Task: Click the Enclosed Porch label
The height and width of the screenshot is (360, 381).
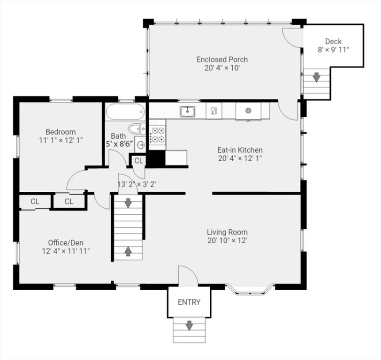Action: coord(222,60)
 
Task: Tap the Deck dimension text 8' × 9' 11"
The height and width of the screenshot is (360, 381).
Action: coord(333,50)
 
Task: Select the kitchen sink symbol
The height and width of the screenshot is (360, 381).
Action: coord(187,112)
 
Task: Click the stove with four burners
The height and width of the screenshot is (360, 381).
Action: coord(158,135)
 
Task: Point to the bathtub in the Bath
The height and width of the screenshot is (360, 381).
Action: coord(125,112)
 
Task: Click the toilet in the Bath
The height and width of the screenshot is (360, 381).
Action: coord(137,128)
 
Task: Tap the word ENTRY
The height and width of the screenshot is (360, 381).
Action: coord(189,302)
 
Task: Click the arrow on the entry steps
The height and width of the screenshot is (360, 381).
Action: coord(189,325)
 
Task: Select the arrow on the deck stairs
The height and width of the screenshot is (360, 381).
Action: coord(316,77)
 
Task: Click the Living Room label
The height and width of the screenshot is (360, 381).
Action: coord(227,232)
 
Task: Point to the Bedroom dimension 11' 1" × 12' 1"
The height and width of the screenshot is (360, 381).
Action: coord(61,140)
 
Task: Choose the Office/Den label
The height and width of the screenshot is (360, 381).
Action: coord(66,243)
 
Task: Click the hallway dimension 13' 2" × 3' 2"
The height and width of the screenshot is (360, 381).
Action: coord(137,185)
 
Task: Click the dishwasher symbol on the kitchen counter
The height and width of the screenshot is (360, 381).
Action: coord(214,111)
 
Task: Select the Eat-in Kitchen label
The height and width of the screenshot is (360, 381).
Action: coord(240,150)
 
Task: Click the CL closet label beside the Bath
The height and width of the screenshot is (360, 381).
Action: coord(139,161)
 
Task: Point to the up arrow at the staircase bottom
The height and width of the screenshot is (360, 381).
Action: coord(128,251)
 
